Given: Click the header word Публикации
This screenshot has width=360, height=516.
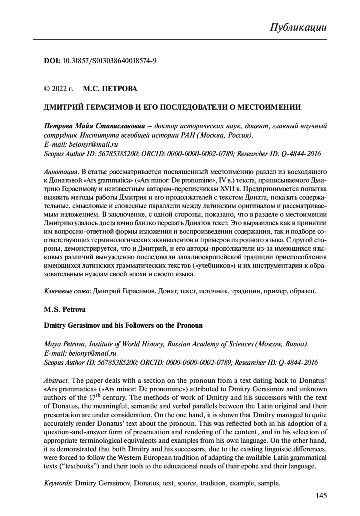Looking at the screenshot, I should click(x=298, y=27).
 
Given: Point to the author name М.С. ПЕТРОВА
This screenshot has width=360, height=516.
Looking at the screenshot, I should click(x=110, y=89).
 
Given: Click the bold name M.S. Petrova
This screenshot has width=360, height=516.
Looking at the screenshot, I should click(x=64, y=309).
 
